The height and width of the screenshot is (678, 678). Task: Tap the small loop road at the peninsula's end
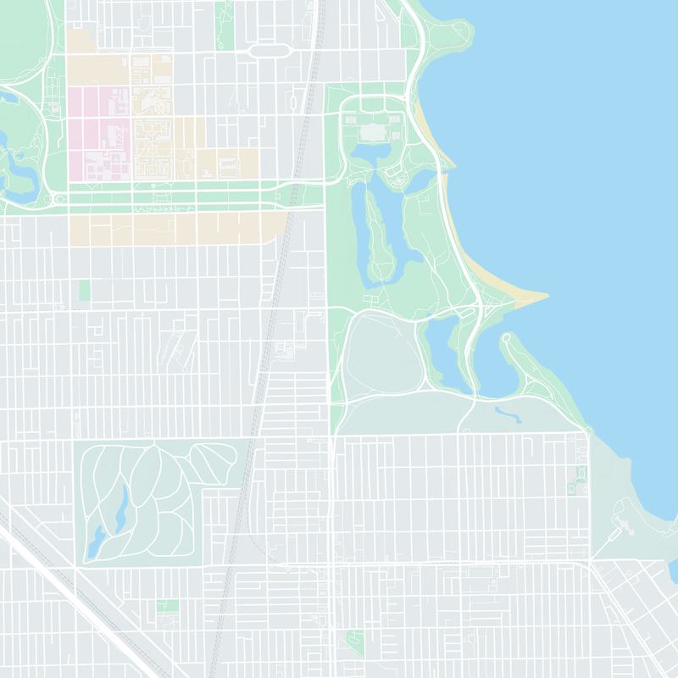(507, 338)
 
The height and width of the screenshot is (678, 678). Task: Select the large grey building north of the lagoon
(372, 132)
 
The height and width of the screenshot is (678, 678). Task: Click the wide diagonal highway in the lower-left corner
(76, 585)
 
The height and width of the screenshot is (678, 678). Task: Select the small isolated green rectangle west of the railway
(84, 290)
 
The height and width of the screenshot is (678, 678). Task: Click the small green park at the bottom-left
(168, 606)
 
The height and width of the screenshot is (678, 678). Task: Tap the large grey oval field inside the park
(383, 356)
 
